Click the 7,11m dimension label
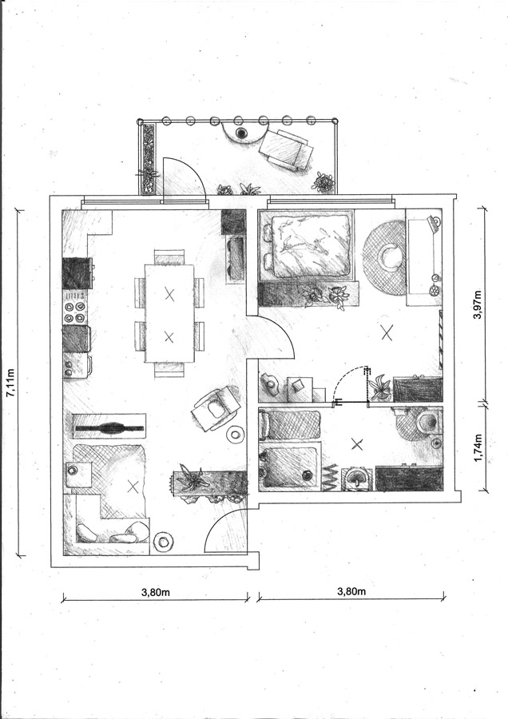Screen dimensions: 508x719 point(11,382)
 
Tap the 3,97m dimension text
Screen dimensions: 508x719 point(478,304)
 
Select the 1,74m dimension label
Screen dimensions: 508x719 point(478,447)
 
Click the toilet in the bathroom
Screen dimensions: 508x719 point(425,420)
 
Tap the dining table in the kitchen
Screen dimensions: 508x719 point(169,313)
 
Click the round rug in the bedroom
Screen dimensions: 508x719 point(384,258)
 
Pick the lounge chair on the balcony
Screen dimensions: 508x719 point(288,149)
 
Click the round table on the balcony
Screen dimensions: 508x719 point(242,133)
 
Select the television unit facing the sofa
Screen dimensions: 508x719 point(109,427)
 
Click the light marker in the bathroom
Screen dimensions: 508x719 point(357,443)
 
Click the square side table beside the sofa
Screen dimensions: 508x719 point(79,474)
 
